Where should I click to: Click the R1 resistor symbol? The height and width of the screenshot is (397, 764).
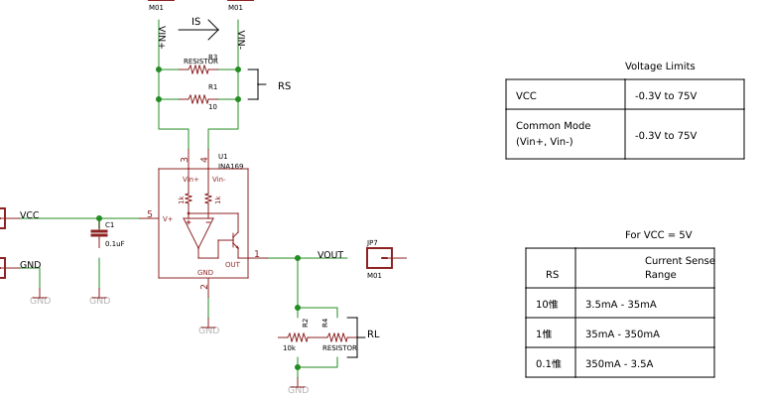[198, 98]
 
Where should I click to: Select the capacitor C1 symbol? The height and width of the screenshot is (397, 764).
[98, 233]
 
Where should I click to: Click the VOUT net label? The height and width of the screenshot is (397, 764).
[330, 255]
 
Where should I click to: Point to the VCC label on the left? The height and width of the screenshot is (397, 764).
[30, 215]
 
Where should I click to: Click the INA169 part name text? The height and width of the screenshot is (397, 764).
[230, 167]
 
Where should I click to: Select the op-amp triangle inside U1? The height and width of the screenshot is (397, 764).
[197, 232]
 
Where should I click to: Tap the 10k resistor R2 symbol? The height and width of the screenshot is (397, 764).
[296, 337]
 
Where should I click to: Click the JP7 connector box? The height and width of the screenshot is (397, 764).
[379, 259]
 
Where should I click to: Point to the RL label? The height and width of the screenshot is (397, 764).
[373, 334]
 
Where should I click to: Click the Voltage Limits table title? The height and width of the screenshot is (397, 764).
[660, 66]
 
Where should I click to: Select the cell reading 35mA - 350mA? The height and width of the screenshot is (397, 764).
[622, 334]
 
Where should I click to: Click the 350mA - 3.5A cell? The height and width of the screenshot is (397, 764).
[619, 364]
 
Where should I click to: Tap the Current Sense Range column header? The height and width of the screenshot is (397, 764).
[679, 267]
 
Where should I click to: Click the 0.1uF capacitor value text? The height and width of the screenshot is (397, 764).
[114, 243]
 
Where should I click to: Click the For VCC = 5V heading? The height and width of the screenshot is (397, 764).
[658, 235]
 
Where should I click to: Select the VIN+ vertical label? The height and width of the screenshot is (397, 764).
[163, 38]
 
